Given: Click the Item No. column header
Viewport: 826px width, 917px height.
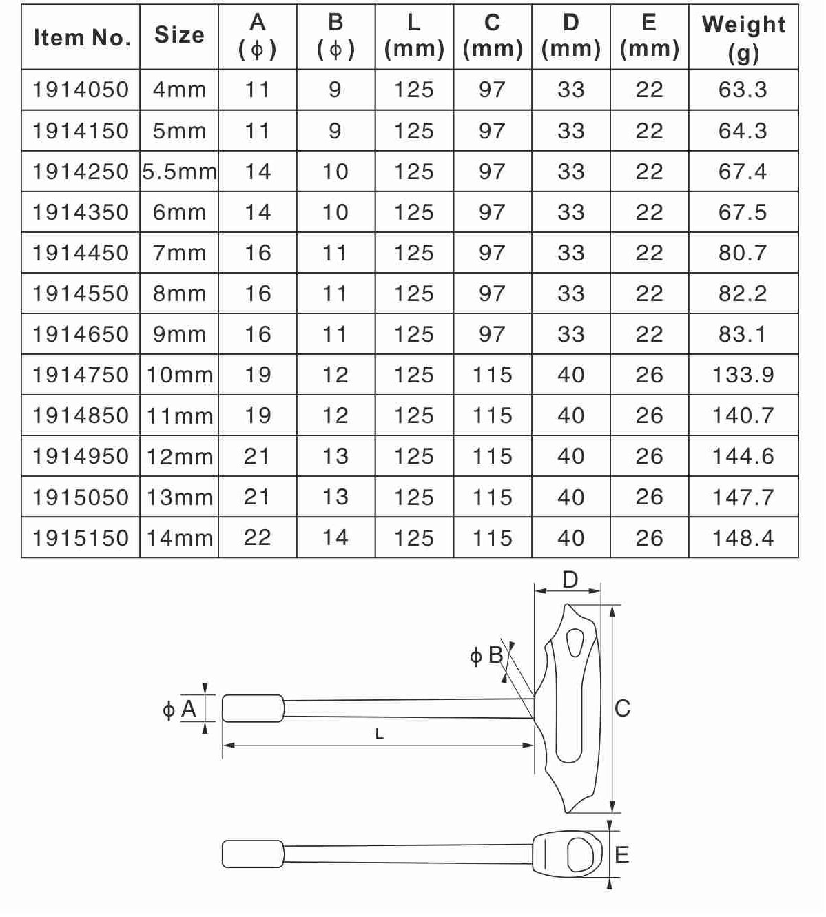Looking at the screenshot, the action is pos(81,37).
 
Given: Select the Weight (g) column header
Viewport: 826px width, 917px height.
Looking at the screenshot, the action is pos(743,39).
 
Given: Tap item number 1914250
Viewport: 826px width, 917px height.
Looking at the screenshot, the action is pos(81,172).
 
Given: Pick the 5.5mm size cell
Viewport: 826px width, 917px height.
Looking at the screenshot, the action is pos(179,172).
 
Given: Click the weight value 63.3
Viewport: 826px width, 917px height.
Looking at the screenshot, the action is pos(743,90).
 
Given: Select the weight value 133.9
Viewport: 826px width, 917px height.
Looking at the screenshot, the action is pos(743,375).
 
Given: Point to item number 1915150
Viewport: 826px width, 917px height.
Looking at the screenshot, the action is pos(81,538).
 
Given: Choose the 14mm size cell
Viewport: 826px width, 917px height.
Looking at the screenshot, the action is pos(180,538).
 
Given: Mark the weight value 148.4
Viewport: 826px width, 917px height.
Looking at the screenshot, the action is pos(743,538).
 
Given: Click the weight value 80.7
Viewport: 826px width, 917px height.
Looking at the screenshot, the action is pos(743,253).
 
